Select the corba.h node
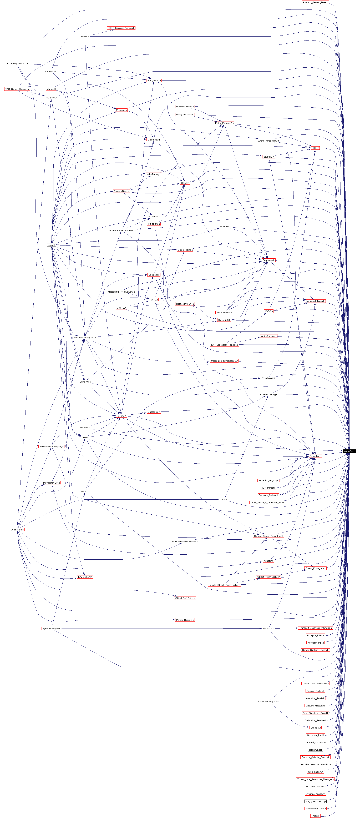[51, 245]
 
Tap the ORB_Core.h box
[17, 530]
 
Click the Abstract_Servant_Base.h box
[315, 2]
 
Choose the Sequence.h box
[268, 260]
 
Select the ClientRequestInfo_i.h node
[17, 63]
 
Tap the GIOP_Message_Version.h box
[121, 28]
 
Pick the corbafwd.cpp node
[315, 750]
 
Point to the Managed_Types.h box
[315, 301]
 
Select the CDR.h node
[315, 148]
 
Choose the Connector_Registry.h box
[268, 701]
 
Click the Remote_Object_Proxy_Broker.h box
[224, 585]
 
